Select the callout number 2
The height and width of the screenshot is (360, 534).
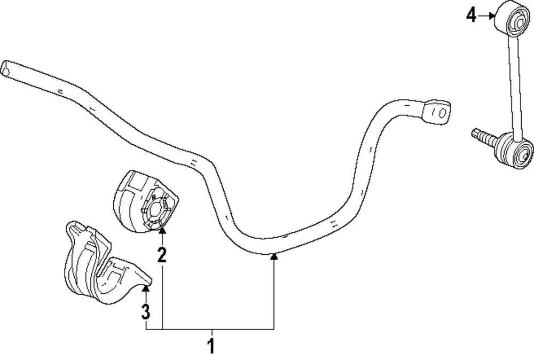162,254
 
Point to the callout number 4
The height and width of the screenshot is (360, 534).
471,16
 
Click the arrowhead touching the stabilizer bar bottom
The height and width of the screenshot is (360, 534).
274,257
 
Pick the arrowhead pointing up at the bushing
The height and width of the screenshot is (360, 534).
162,231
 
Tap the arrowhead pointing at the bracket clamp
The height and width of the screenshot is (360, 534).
146,289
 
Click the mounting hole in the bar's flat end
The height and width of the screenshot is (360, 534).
441,113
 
